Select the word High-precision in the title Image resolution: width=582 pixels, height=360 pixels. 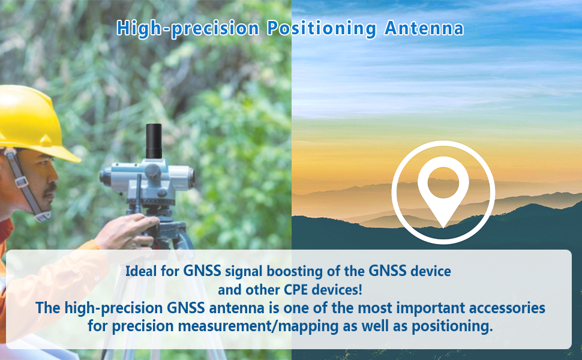[188, 28]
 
